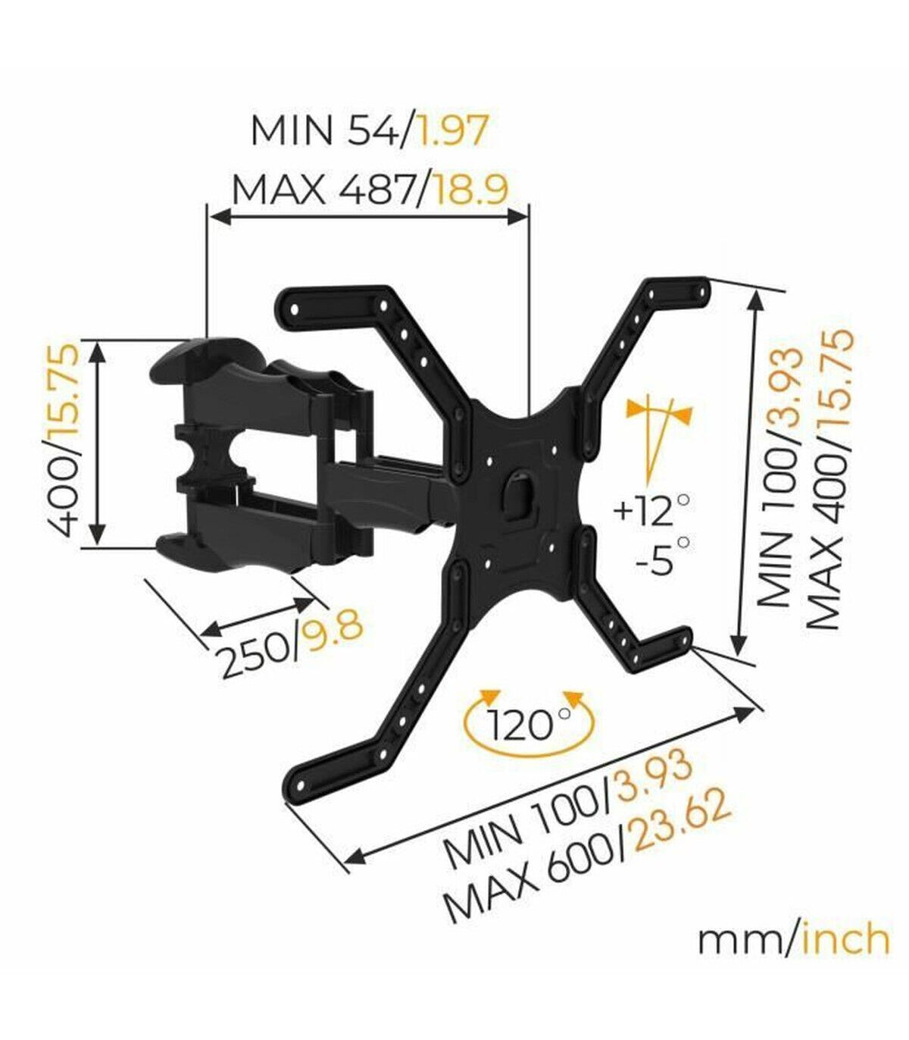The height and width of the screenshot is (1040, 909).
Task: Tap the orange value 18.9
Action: [x=470, y=190]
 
